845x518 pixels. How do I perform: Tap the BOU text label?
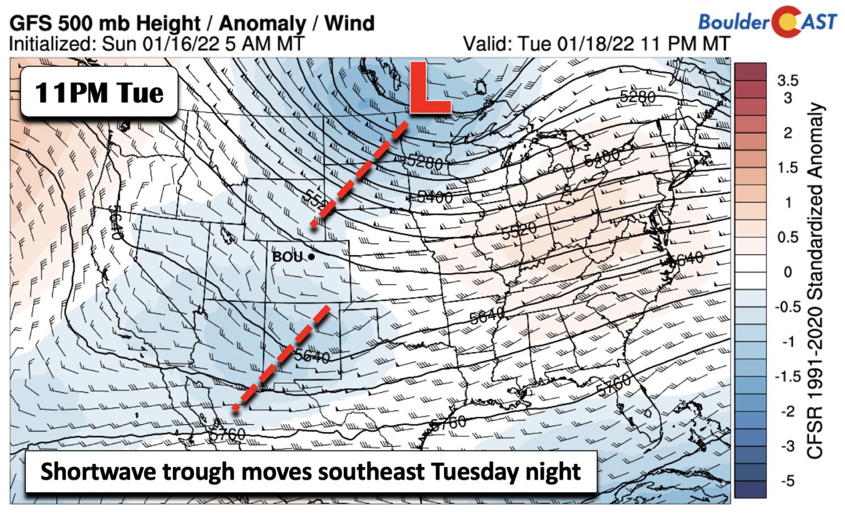[287, 257]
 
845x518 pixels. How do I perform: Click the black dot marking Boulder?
[311, 256]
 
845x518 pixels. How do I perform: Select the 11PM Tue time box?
[99, 92]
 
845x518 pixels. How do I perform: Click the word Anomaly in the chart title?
[262, 23]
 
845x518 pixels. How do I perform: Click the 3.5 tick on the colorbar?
[787, 80]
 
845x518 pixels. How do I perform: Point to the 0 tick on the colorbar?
[787, 272]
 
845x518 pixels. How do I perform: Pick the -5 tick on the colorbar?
[787, 481]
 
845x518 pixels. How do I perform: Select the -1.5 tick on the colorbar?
[787, 377]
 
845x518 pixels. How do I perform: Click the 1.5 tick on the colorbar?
[787, 168]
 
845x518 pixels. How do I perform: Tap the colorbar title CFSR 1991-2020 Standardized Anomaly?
[815, 280]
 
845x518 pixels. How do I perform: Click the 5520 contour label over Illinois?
[518, 232]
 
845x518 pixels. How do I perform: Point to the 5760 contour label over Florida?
[613, 385]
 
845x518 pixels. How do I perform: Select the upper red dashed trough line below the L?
[360, 173]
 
